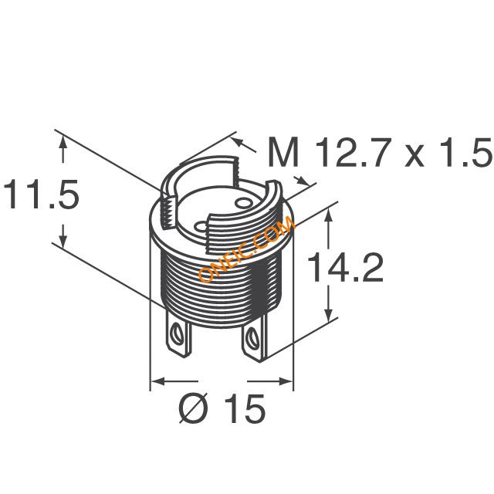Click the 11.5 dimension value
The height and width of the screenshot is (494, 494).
click(41, 194)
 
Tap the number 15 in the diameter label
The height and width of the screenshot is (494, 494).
click(245, 408)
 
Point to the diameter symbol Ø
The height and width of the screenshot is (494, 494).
click(194, 408)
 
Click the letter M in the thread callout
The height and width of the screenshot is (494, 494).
click(283, 152)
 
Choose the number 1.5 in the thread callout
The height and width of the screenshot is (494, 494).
click(465, 152)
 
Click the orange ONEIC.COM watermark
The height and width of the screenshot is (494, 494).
click(247, 249)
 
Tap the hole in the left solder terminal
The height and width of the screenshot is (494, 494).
click(178, 334)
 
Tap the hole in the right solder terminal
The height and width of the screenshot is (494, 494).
click(252, 337)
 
